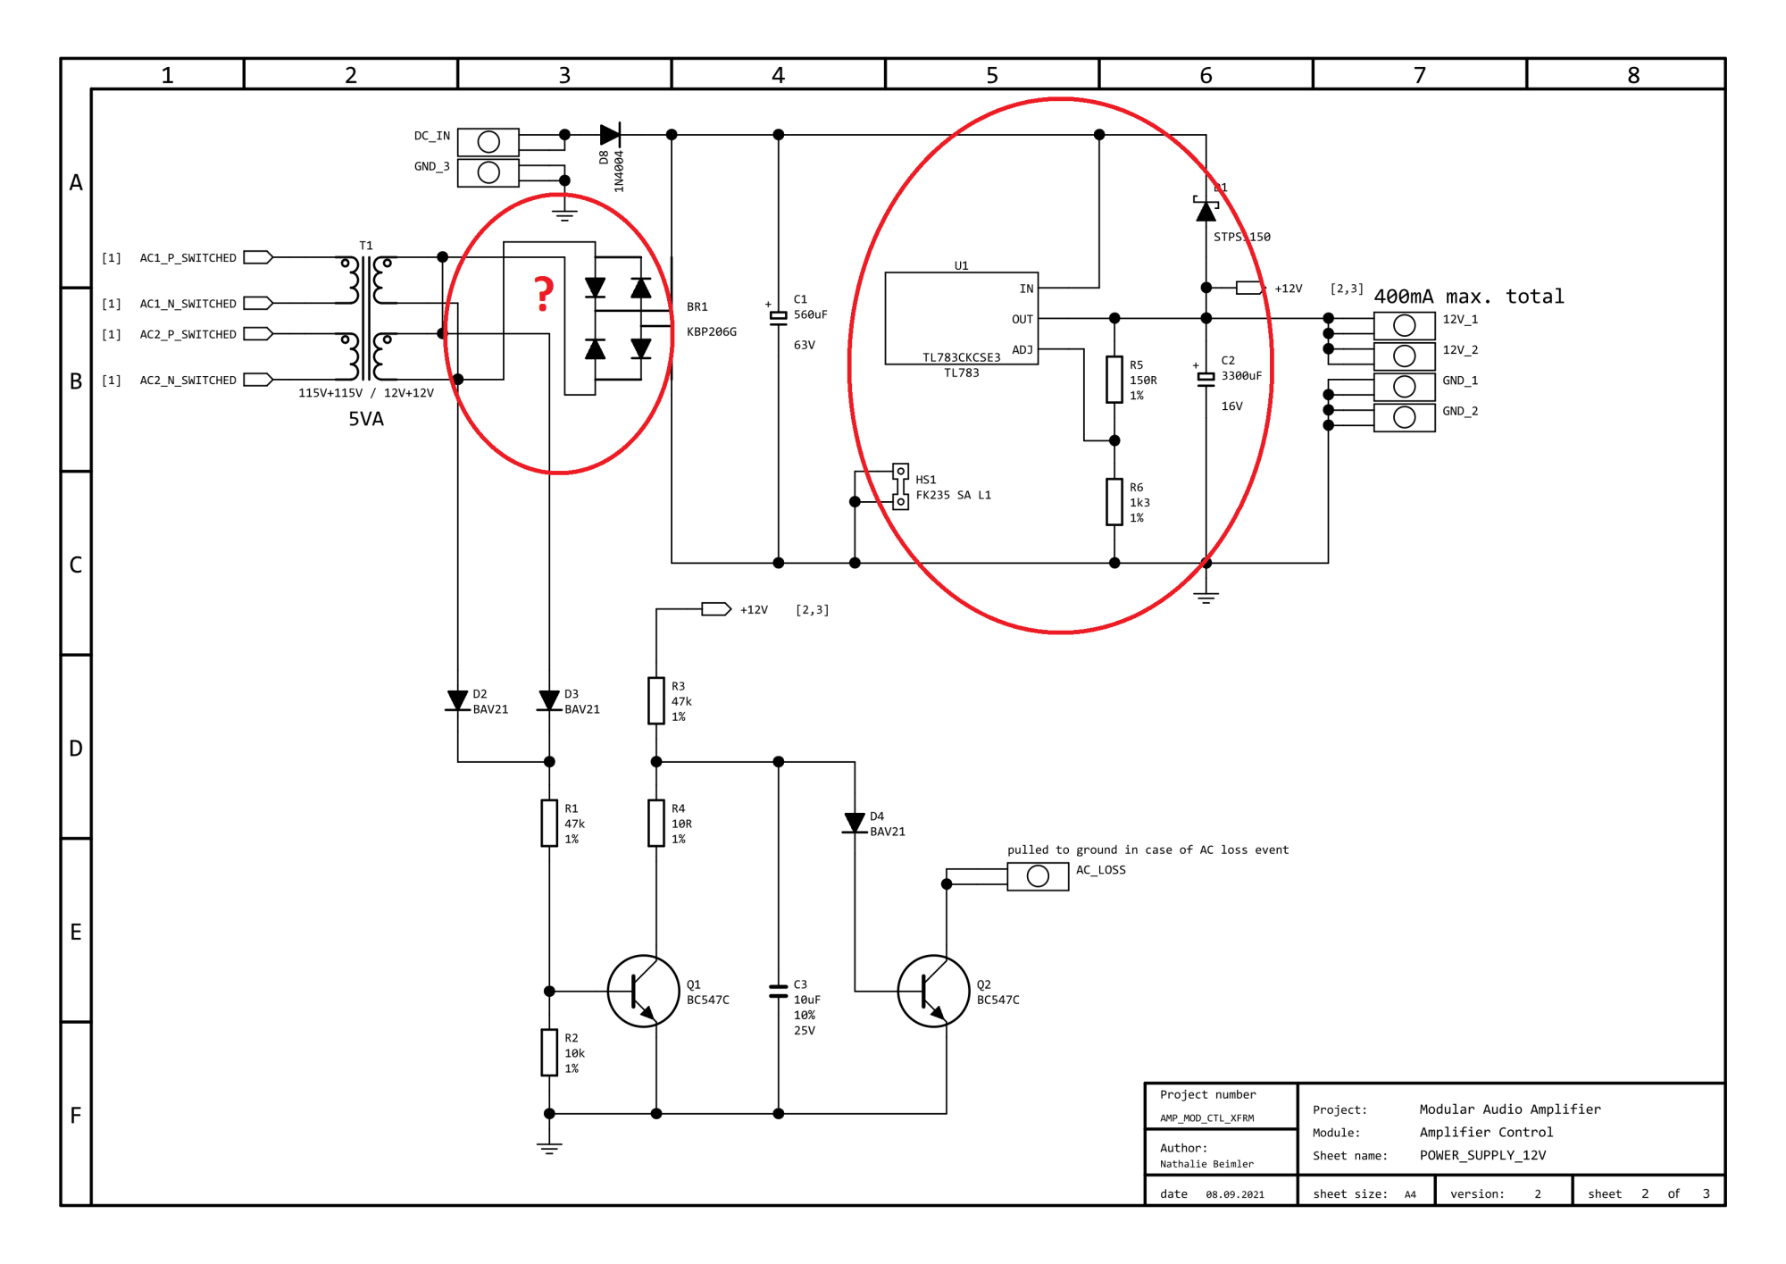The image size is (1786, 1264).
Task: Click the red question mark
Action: pos(544,294)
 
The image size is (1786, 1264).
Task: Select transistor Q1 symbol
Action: pos(643,992)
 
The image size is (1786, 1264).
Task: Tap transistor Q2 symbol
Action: pos(933,992)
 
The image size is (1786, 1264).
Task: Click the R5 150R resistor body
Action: pos(1114,380)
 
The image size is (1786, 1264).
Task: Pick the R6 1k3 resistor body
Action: pos(1114,502)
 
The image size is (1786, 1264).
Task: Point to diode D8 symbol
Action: pos(610,135)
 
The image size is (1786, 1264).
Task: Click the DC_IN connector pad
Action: pos(488,142)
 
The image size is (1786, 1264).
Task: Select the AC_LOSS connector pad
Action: pos(1038,876)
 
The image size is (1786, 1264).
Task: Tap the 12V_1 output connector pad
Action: pos(1405,326)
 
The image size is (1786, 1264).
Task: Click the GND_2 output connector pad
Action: pos(1405,418)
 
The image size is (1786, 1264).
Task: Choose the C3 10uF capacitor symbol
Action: pos(779,992)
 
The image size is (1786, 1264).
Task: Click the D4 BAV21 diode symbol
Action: pos(855,823)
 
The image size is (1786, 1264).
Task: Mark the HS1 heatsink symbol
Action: pos(901,487)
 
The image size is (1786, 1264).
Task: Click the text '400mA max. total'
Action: pos(1469,297)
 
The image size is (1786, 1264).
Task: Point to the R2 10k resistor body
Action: pos(549,1052)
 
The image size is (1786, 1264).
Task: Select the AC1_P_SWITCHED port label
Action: pos(188,258)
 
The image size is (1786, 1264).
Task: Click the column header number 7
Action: pos(1420,75)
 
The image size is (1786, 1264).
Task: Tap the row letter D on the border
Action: pos(76,749)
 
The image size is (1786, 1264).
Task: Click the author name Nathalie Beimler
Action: pos(1206,1164)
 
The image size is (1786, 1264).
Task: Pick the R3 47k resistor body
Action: pos(656,700)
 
